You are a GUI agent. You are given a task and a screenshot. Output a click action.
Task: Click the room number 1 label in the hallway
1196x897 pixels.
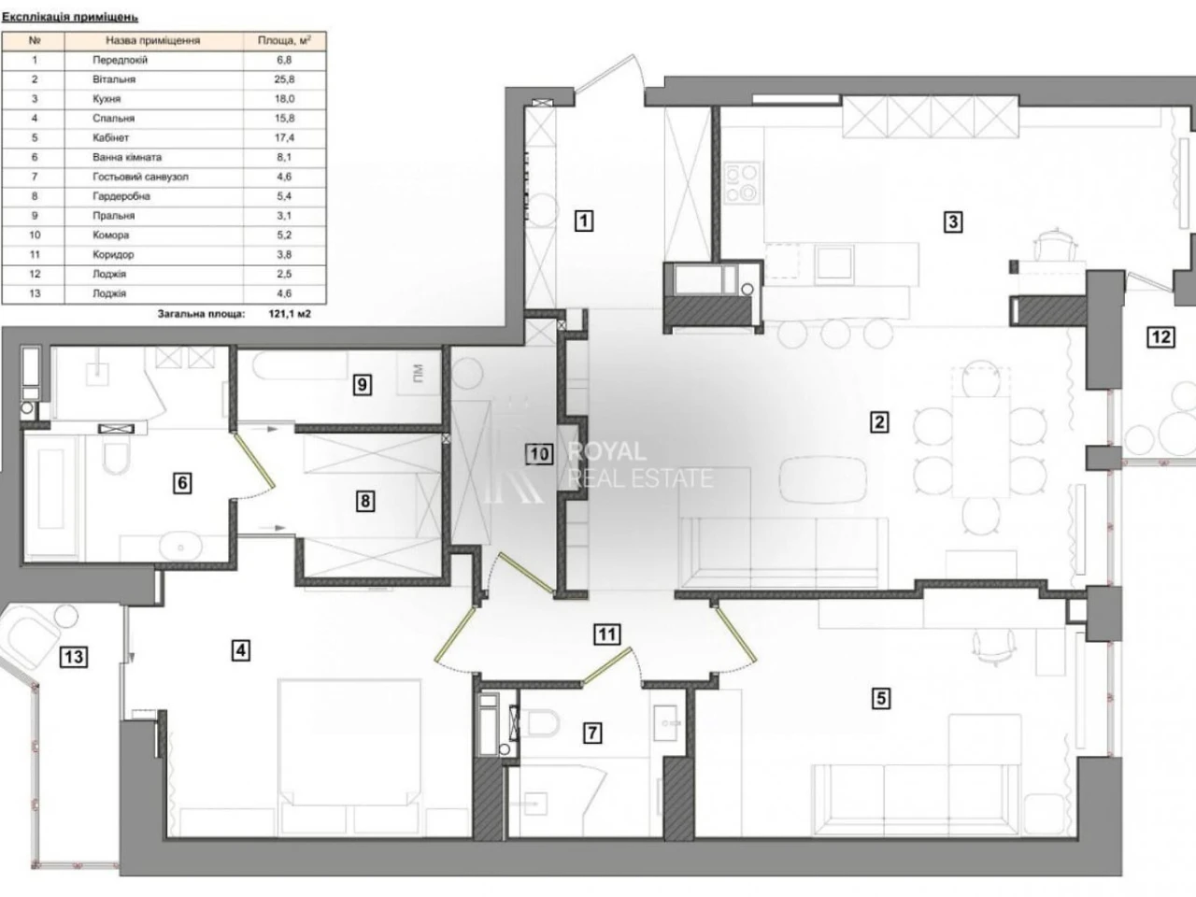584,221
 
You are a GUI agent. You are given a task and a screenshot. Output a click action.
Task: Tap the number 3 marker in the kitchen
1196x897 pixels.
952,221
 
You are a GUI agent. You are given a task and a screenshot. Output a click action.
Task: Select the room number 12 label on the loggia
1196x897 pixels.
1160,337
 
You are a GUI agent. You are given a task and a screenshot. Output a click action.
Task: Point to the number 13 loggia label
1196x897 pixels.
74,657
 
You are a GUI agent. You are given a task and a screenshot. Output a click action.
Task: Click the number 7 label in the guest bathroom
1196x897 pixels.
592,733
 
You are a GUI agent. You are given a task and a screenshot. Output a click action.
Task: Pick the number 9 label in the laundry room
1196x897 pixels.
363,385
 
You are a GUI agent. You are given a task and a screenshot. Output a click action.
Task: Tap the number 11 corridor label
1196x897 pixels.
607,634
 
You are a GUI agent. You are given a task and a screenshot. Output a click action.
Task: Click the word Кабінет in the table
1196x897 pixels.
110,137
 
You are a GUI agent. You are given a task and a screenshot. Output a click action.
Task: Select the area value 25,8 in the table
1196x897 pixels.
284,79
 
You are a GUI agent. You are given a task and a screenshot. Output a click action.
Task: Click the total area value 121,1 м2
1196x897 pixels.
290,314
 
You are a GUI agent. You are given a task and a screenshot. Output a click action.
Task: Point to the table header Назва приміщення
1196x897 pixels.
153,40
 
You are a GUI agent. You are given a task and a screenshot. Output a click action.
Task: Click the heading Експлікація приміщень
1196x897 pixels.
70,17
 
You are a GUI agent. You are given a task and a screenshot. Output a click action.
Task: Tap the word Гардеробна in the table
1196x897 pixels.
121,196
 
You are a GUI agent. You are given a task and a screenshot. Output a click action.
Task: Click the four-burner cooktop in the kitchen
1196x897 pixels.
742,183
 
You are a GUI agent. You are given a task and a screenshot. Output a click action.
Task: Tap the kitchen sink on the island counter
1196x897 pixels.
833,262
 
